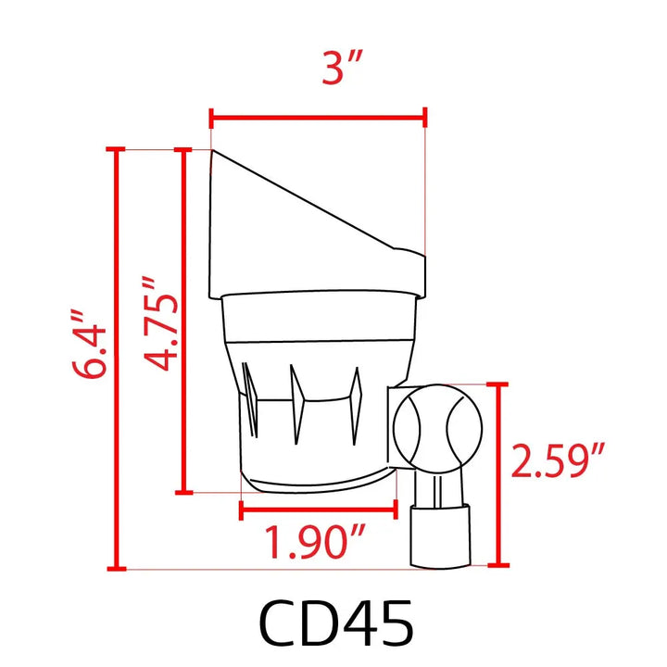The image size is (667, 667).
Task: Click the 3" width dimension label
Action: point(341,69)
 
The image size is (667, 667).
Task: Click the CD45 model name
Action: point(335,623)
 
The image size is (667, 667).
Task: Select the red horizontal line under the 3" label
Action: point(318,117)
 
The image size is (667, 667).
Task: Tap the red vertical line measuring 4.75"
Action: point(185,321)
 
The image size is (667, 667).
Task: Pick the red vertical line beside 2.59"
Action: point(501,473)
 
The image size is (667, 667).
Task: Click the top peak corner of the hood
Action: point(214,152)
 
